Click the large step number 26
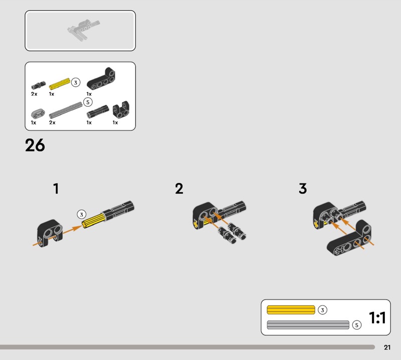(x=35, y=145)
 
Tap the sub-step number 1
(x=56, y=189)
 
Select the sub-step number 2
(x=179, y=189)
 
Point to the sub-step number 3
(x=303, y=189)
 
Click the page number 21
(x=387, y=347)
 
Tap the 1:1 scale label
(x=377, y=317)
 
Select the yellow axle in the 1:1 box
(x=291, y=309)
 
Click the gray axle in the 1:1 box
(x=308, y=325)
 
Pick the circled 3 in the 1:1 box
(x=322, y=310)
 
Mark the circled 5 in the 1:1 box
(x=357, y=325)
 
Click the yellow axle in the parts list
(x=59, y=84)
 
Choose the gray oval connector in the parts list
(x=38, y=113)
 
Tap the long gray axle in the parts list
(x=66, y=110)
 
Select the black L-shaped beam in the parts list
(x=101, y=79)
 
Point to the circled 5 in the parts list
(x=88, y=102)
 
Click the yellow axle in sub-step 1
(x=94, y=220)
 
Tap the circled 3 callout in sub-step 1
(x=82, y=215)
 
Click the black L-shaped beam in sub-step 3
(x=349, y=239)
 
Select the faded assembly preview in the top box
(x=83, y=30)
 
